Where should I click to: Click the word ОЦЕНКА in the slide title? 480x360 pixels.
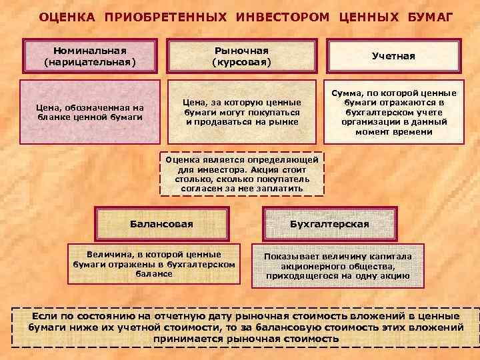pos(67,16)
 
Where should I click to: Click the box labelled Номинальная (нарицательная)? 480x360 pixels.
pos(89,56)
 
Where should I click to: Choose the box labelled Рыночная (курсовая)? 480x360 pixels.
pos(241,56)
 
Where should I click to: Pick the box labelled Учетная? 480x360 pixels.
pos(393,56)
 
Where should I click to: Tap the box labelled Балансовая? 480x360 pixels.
pos(161,224)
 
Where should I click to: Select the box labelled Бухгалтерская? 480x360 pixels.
pos(329,224)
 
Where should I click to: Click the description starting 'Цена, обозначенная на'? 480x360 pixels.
pos(91,112)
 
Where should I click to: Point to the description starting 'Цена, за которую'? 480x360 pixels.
pos(242,112)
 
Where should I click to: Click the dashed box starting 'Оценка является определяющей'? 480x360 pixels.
pos(242,174)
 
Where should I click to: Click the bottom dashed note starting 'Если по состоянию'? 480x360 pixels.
pos(245,327)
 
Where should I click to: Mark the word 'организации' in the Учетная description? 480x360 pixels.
pos(367,123)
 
